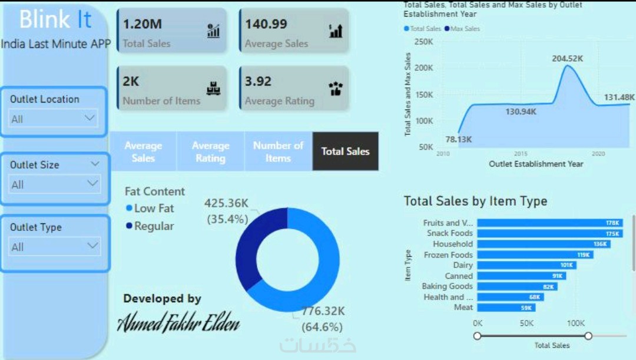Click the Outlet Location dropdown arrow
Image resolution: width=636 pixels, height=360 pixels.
[x=90, y=118]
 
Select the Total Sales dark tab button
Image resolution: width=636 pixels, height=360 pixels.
[x=345, y=151]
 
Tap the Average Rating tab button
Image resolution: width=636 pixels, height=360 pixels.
[x=210, y=151]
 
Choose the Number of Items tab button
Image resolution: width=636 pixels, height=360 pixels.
[x=278, y=151]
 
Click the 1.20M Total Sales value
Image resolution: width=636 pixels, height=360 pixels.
[x=143, y=25]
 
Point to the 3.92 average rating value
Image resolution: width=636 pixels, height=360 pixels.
[x=258, y=81]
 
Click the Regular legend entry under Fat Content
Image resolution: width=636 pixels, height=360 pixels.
[x=153, y=226]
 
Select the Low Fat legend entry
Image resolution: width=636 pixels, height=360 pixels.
[x=153, y=209]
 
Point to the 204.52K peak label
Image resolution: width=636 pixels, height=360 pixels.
[x=567, y=59]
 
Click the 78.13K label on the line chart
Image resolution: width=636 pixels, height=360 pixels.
[x=458, y=140]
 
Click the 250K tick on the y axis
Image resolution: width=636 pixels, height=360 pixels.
[x=423, y=42]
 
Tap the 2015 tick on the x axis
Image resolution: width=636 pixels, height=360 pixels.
[x=520, y=154]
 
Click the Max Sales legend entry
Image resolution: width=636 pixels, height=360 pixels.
[x=465, y=29]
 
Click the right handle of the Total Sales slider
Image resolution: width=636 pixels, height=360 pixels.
[x=588, y=336]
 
